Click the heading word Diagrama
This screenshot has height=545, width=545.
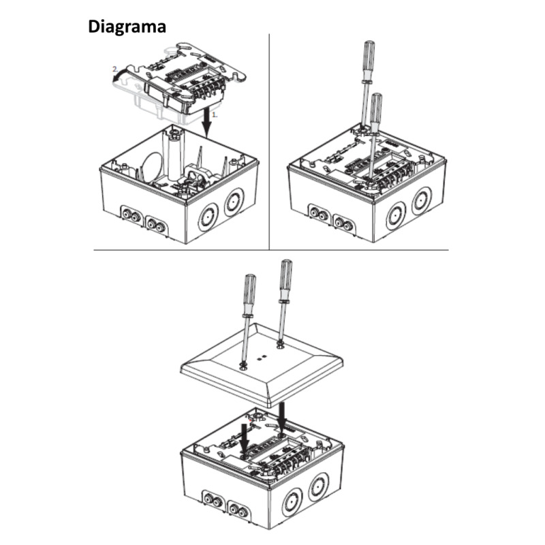127,27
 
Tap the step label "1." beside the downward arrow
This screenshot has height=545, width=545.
215,114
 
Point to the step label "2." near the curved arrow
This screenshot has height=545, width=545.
115,69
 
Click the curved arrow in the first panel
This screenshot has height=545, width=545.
120,75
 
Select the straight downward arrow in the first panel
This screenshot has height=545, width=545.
208,122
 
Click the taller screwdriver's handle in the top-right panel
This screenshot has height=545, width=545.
369,60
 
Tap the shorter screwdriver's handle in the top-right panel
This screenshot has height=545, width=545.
376,108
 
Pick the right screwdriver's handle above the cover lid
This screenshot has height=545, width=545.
286,279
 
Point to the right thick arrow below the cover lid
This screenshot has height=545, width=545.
281,415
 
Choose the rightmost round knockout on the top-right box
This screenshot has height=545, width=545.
422,201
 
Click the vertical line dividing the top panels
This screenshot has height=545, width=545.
269,142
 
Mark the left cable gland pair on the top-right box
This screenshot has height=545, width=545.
320,213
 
